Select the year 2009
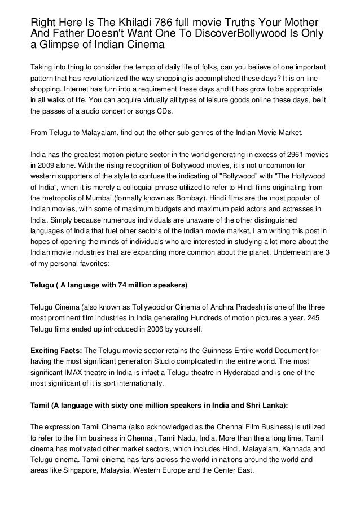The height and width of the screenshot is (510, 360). [47, 166]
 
